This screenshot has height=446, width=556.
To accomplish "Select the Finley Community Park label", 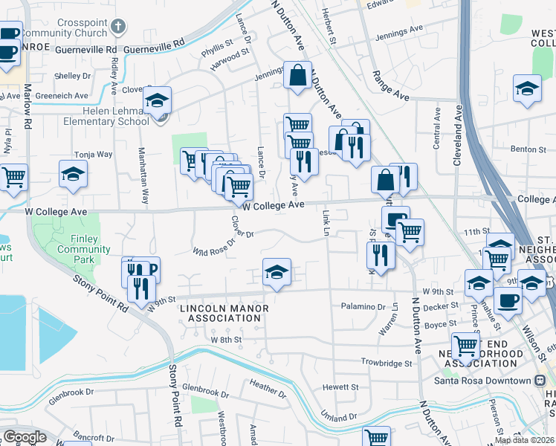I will (83, 245).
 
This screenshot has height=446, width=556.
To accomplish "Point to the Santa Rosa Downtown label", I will (483, 381).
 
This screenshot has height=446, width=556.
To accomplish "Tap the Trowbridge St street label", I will (387, 363).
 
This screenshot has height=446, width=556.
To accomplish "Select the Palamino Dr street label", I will (362, 306).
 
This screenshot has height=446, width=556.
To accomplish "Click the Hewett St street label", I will (341, 387).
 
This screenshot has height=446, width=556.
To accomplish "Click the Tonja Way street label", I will (93, 155).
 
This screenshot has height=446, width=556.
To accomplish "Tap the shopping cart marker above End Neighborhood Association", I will (465, 345).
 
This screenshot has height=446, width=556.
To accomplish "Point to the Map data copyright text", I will (525, 440).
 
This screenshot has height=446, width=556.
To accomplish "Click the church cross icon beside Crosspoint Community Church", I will (117, 28).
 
